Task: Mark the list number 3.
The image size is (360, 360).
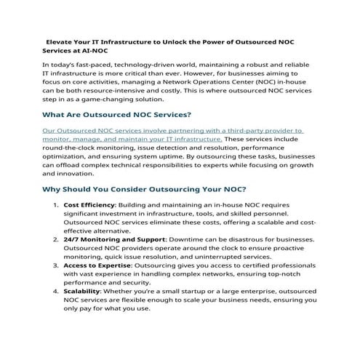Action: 57,265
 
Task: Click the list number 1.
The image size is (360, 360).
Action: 57,206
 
